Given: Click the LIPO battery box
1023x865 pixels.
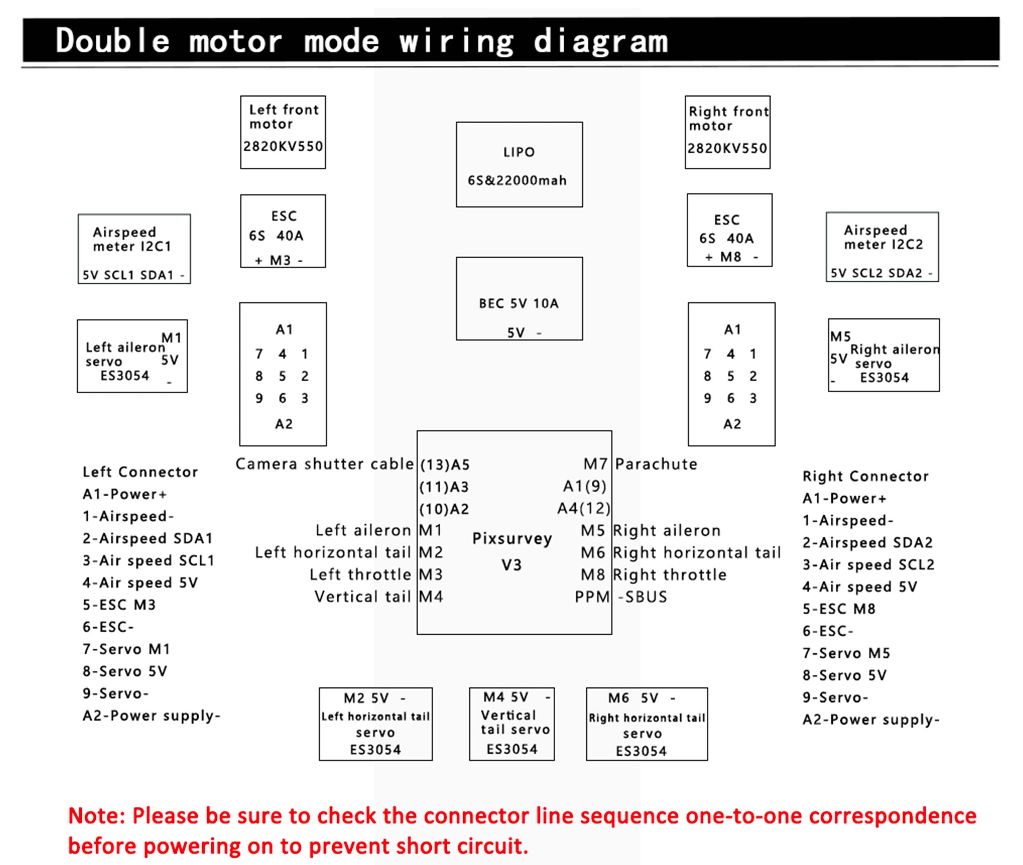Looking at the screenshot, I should pyautogui.click(x=519, y=165).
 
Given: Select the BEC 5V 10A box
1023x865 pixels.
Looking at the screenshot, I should pyautogui.click(x=519, y=299).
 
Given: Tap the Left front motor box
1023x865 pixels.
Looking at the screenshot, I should pyautogui.click(x=283, y=133).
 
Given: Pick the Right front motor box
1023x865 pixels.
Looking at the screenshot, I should pyautogui.click(x=727, y=133).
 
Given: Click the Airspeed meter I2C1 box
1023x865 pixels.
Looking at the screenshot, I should pyautogui.click(x=134, y=249).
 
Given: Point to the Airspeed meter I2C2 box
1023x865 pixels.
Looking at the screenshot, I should pyautogui.click(x=882, y=247).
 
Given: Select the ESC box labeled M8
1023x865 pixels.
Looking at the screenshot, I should pyautogui.click(x=729, y=230).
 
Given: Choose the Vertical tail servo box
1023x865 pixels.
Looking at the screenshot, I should pyautogui.click(x=511, y=724).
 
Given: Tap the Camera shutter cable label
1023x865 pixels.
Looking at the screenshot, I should pyautogui.click(x=324, y=464).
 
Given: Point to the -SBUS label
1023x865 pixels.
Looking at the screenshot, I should pyautogui.click(x=643, y=597).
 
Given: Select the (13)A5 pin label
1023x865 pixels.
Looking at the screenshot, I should pyautogui.click(x=445, y=464).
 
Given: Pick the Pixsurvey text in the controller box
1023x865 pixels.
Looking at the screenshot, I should pyautogui.click(x=512, y=538).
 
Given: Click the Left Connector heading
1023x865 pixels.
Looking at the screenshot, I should pyautogui.click(x=140, y=472).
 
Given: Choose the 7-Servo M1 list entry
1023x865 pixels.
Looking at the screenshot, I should pyautogui.click(x=126, y=649).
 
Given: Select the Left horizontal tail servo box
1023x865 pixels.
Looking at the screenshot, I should pyautogui.click(x=376, y=724).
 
